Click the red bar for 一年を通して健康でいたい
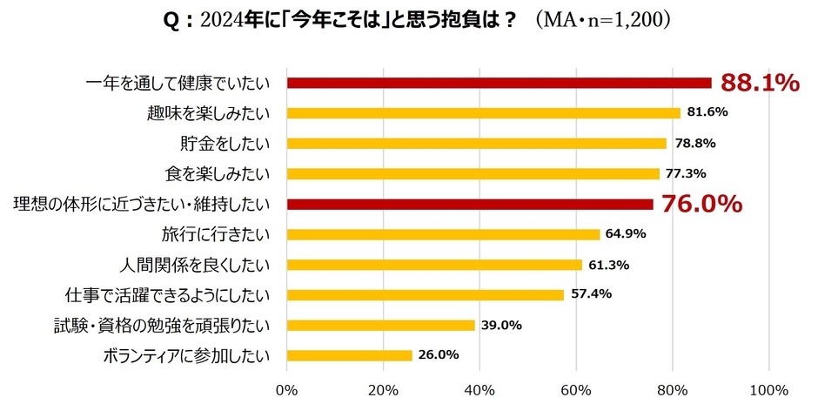tap(499, 84)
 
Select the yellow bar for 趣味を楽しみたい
tap(483, 113)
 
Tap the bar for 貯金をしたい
tap(476, 144)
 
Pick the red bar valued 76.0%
tap(470, 205)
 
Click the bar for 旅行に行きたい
tap(443, 234)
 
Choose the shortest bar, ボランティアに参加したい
tap(349, 355)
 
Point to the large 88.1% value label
tap(760, 83)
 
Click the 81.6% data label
tap(707, 112)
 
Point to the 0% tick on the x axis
tap(287, 388)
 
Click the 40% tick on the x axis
tap(479, 388)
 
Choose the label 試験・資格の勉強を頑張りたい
tap(162, 325)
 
